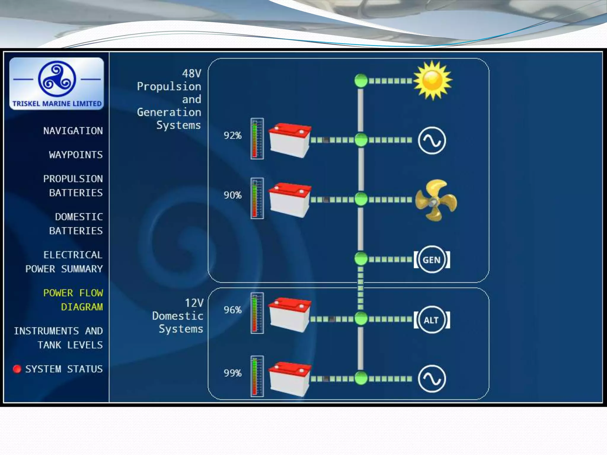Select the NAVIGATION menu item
73,131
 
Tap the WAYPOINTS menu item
76,155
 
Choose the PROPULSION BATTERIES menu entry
73,186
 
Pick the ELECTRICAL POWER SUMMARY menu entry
64,262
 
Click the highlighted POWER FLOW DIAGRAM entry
73,300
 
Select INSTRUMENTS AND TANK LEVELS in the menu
58,338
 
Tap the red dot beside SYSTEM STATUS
17,369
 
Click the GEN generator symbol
432,259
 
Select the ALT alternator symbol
432,320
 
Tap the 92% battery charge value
233,136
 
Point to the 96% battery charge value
233,310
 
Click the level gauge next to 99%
257,376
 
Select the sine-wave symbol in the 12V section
432,379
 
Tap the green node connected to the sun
361,80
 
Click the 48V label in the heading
191,73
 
